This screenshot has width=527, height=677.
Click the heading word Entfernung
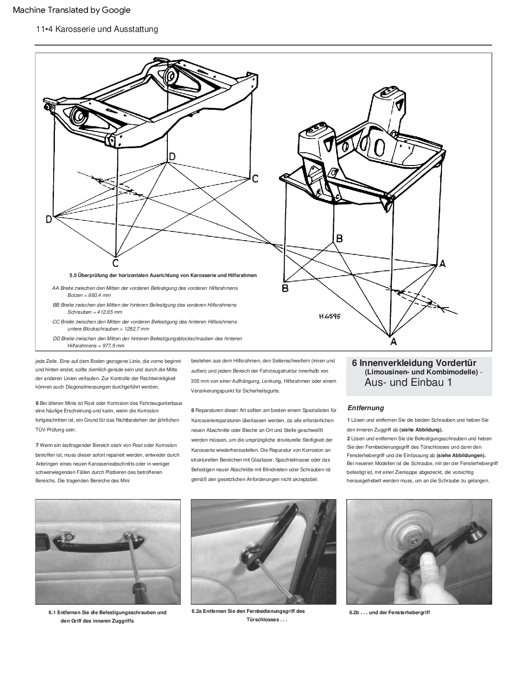[x=365, y=408]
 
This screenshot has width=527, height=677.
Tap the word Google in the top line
[x=116, y=10]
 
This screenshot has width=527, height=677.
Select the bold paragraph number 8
[x=193, y=411]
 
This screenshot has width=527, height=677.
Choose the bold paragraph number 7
[x=37, y=445]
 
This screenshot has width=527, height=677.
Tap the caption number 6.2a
[x=197, y=612]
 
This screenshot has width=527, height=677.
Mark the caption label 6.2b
[x=353, y=612]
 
